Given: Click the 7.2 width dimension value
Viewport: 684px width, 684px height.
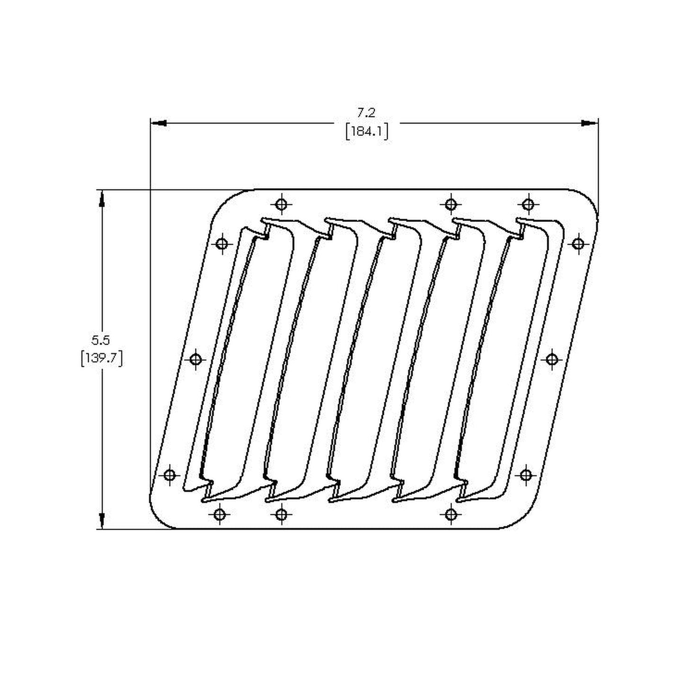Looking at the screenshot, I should coord(366,113).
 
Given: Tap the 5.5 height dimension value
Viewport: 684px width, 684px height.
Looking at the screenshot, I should coord(101,339).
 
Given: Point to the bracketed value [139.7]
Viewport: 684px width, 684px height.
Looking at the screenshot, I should coord(101,359).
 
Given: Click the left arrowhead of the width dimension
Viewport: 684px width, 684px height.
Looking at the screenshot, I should coord(158,123).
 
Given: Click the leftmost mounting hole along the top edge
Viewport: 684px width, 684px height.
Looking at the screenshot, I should coord(282,204).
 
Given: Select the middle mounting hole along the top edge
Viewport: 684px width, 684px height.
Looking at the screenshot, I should coord(451,204).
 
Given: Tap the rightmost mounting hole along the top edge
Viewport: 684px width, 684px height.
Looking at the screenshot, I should coord(528,204).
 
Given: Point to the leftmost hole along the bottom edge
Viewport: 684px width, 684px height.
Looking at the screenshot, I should coord(219,515).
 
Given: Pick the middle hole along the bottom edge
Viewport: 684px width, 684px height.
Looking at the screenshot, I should coord(282,515).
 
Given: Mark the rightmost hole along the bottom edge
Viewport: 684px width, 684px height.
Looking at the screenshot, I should coord(451,515).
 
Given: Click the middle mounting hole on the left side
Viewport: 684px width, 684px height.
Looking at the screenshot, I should coord(196,359).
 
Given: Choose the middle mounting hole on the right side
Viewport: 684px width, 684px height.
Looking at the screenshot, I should coord(551,359).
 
